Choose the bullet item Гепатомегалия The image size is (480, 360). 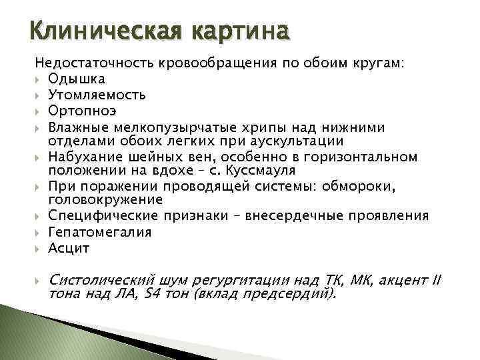pyautogui.click(x=100, y=232)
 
